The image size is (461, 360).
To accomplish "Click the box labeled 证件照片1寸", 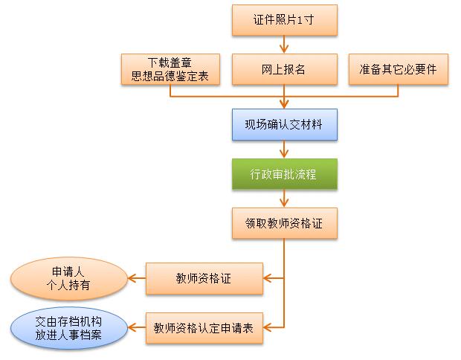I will (x=284, y=20).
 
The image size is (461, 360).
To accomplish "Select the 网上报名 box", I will (x=284, y=69).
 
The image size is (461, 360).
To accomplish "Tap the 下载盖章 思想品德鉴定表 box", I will (x=170, y=69).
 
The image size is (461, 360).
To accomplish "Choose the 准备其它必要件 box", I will (x=398, y=69).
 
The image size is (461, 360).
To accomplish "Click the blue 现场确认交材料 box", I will (x=284, y=124).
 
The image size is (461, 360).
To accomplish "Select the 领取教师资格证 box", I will (x=284, y=222).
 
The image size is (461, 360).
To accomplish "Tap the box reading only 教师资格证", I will (x=204, y=279).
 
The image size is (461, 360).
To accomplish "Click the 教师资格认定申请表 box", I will (x=204, y=327).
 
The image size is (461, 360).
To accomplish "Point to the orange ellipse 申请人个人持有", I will (x=68, y=279).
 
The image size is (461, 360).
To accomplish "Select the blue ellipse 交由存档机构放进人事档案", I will (x=68, y=327).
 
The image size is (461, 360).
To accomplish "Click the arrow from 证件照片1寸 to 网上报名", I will (x=284, y=45).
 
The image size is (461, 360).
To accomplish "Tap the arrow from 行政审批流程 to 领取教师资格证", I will (x=284, y=198).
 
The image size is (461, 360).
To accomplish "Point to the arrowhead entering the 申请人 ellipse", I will (x=132, y=279).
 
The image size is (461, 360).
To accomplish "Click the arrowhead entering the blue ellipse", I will (x=132, y=327).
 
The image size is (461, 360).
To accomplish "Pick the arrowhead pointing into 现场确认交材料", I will (x=284, y=104).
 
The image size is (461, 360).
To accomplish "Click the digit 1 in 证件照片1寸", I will (x=300, y=21).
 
